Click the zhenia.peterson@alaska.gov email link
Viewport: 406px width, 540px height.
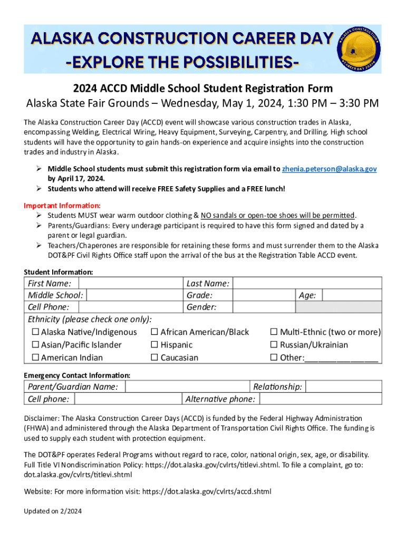[329, 169]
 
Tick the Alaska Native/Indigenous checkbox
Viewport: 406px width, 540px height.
[35, 332]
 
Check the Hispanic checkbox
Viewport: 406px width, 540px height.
[154, 345]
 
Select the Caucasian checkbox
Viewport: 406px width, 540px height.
[154, 358]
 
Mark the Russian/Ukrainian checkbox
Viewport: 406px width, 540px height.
[274, 345]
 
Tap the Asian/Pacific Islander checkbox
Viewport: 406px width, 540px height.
[35, 345]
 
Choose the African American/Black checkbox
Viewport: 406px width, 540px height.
[154, 332]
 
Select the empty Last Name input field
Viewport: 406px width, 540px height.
[306, 284]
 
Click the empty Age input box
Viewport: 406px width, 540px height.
[351, 295]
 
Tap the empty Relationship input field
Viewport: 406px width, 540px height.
[343, 387]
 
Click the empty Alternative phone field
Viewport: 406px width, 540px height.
[320, 399]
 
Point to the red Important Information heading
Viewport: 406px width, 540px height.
[62, 206]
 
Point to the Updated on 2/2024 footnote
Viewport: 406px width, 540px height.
[53, 511]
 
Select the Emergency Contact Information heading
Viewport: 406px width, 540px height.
[77, 375]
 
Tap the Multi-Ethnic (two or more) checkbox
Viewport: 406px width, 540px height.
[274, 332]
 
